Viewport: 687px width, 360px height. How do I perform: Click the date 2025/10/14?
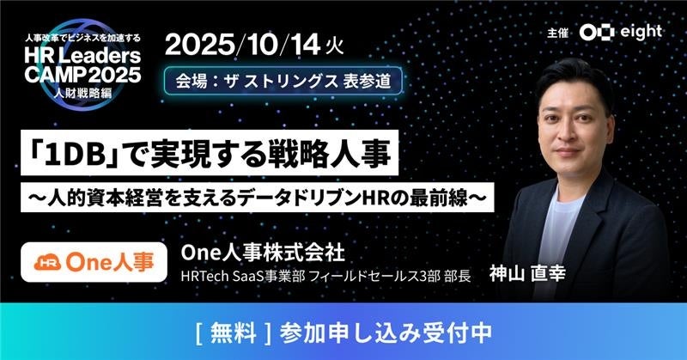pyautogui.click(x=242, y=46)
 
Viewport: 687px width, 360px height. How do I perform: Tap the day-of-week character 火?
pyautogui.click(x=335, y=46)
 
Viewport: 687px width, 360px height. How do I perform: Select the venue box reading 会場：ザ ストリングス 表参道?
pyautogui.click(x=283, y=81)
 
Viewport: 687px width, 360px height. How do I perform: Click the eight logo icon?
pyautogui.click(x=597, y=33)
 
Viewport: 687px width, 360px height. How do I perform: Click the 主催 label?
pyautogui.click(x=557, y=33)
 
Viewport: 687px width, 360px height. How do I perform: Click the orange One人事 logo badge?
pyautogui.click(x=94, y=262)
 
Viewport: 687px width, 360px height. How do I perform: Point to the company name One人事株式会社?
pyautogui.click(x=263, y=253)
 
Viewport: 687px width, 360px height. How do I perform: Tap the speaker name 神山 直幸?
pyautogui.click(x=527, y=273)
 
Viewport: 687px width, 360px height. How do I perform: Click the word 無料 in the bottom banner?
pyautogui.click(x=233, y=333)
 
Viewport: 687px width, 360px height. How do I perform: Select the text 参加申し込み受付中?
pyautogui.click(x=386, y=333)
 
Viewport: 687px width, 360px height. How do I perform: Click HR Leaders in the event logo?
pyautogui.click(x=82, y=56)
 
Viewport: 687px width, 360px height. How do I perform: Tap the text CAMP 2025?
pyautogui.click(x=82, y=75)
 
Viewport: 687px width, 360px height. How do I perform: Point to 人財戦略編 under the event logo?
pyautogui.click(x=82, y=93)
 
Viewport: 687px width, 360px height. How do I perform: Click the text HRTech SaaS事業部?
pyautogui.click(x=243, y=277)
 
